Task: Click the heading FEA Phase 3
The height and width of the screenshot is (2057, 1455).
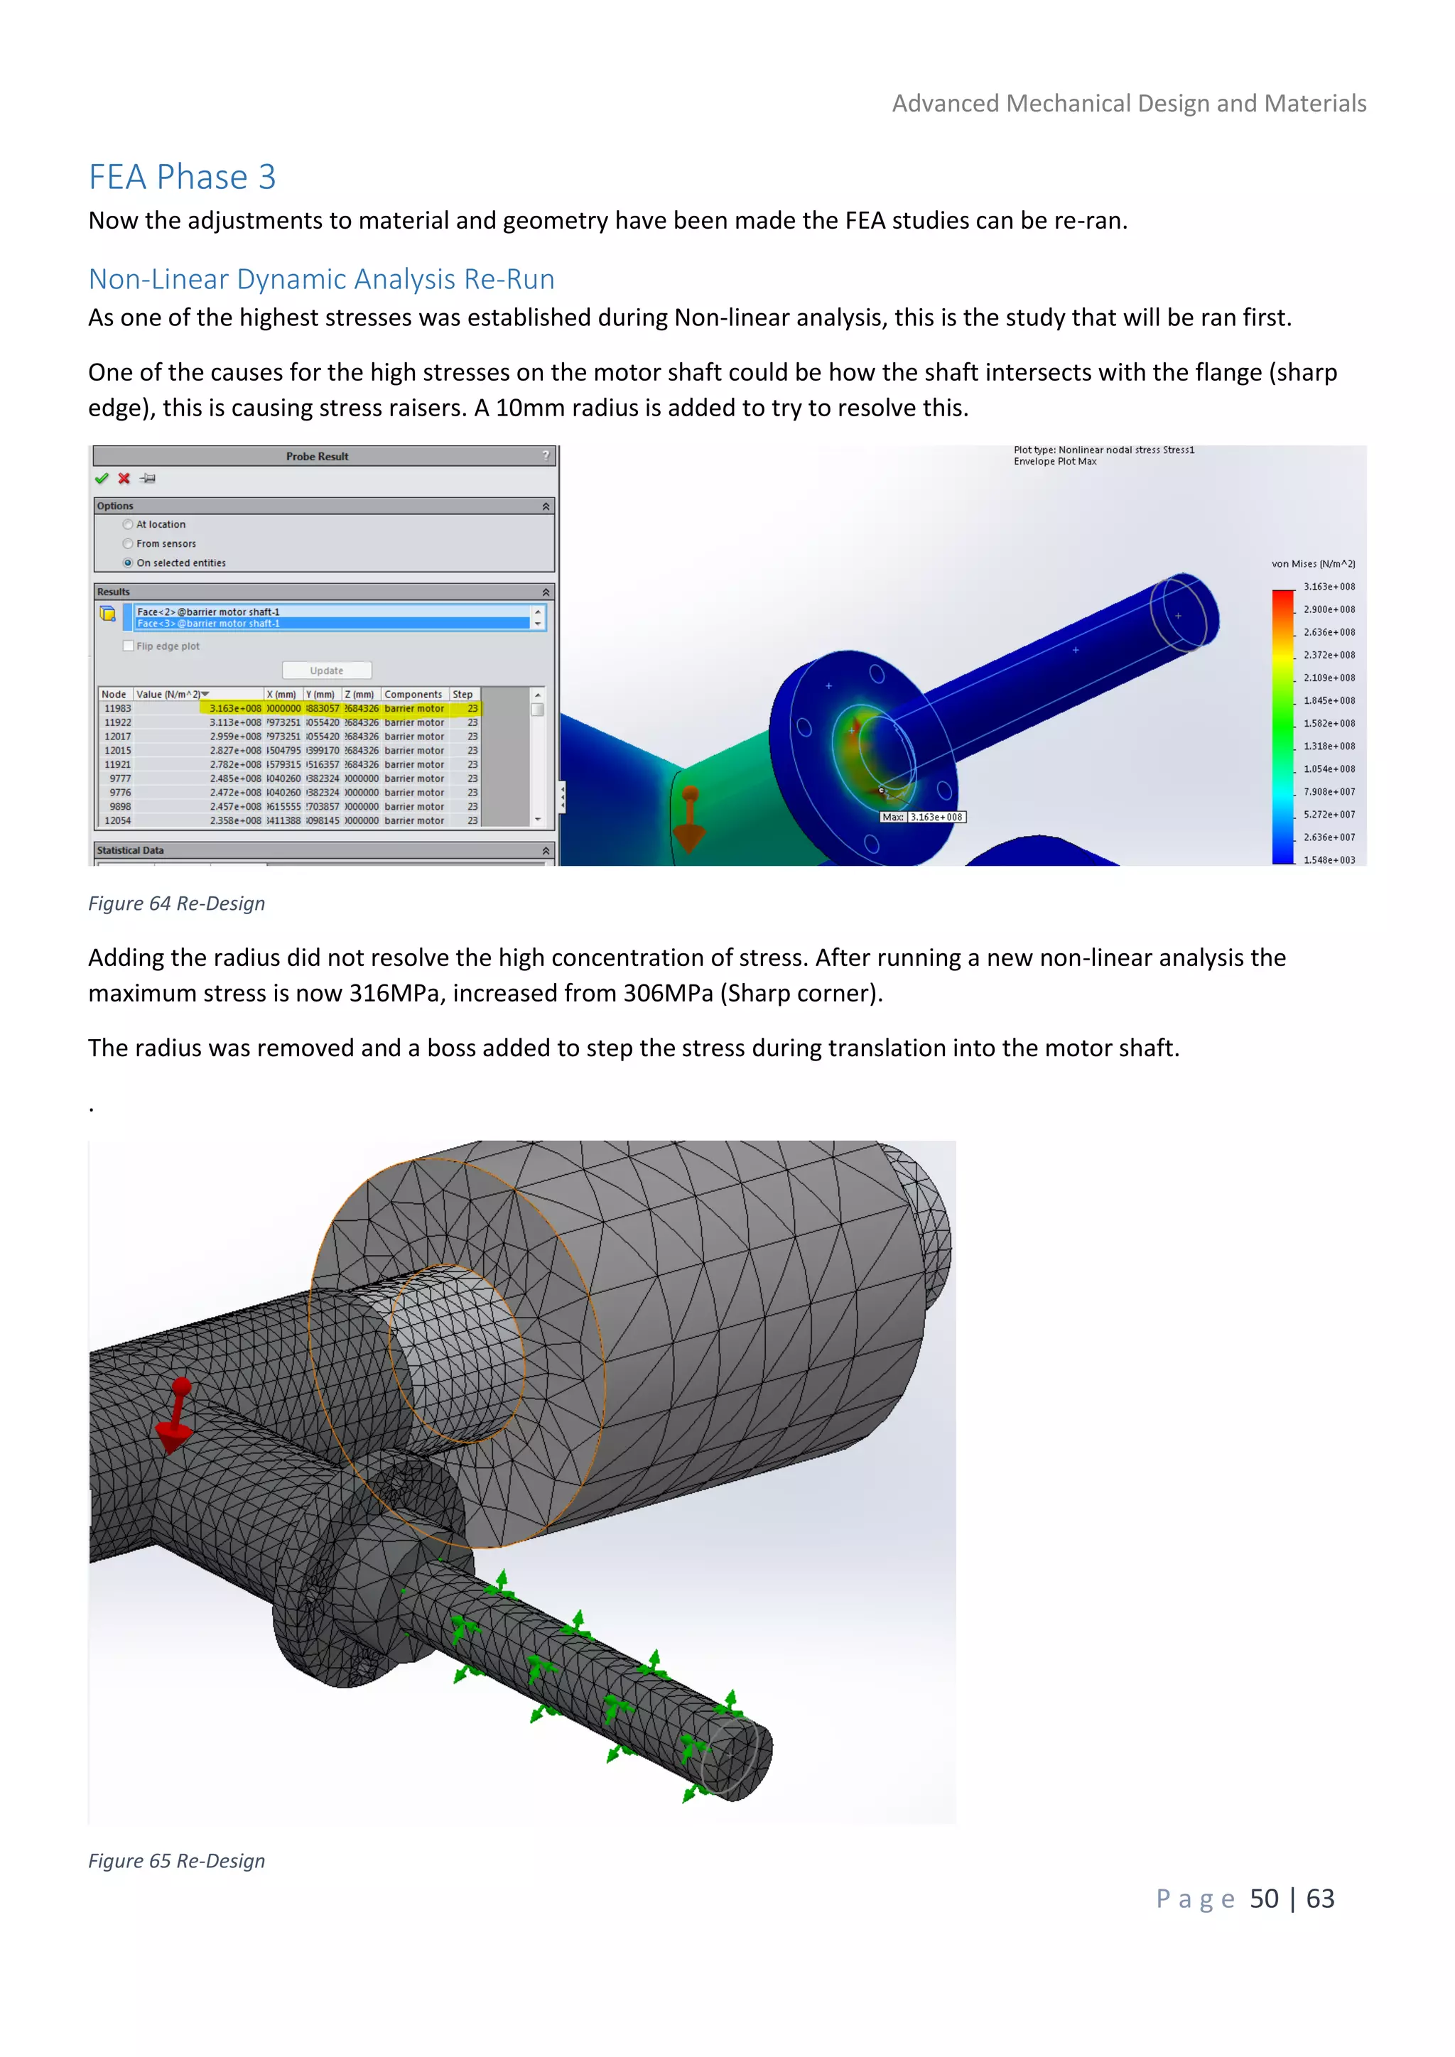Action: tap(182, 178)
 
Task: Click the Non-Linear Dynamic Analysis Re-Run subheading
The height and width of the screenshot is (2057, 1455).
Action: tap(320, 280)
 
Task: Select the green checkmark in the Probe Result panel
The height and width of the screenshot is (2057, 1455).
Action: tap(102, 479)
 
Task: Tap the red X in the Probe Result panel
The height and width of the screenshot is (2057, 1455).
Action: tap(124, 479)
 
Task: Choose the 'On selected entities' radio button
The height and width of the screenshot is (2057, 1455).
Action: tap(128, 563)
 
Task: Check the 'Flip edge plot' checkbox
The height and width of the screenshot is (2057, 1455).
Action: tap(128, 646)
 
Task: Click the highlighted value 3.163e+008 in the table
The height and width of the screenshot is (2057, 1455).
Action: tap(234, 709)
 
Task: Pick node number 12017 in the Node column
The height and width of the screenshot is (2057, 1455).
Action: tap(117, 737)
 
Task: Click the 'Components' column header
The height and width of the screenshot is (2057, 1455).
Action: tap(413, 695)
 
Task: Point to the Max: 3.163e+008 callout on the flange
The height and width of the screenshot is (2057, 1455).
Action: tap(923, 817)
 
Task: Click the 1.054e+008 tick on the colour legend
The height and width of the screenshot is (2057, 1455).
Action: tap(1329, 769)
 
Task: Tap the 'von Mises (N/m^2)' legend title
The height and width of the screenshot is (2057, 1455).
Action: tap(1312, 563)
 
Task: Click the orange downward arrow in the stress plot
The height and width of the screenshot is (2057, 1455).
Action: tap(689, 819)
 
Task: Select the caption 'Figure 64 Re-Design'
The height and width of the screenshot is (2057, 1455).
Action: tap(176, 903)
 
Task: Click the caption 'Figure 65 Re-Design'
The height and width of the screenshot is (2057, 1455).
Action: tap(176, 1861)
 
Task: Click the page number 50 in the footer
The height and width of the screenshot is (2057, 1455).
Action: tap(1263, 1899)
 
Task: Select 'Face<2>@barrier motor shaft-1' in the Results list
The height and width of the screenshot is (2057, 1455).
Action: tap(208, 612)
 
